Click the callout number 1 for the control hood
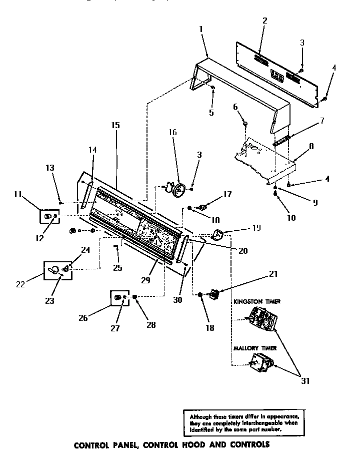(x=200, y=29)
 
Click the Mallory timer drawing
(x=261, y=364)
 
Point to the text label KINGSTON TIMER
(x=256, y=302)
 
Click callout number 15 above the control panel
(x=115, y=125)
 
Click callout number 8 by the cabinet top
(x=311, y=147)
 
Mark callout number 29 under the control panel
(x=145, y=280)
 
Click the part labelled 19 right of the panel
(x=218, y=233)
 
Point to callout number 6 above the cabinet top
(x=234, y=106)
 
